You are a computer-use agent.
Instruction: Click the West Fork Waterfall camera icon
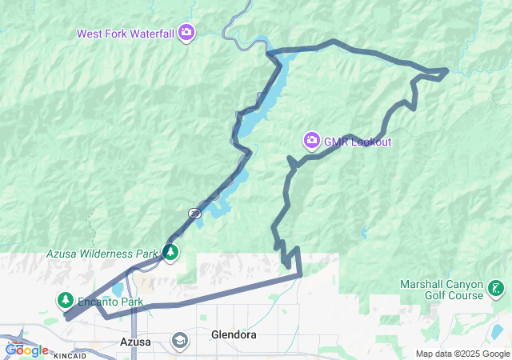click(x=186, y=32)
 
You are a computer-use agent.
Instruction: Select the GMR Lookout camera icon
click(x=311, y=142)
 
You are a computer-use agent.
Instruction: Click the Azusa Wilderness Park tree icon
click(x=170, y=253)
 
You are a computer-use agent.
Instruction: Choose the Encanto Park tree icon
click(x=64, y=300)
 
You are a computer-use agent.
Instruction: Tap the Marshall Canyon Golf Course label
click(x=442, y=290)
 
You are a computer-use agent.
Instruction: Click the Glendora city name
click(x=234, y=334)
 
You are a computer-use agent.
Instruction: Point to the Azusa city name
click(x=134, y=342)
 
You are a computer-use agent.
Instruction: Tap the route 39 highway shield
click(x=194, y=214)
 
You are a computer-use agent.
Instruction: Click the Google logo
click(x=26, y=350)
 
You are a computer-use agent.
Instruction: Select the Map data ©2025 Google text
click(x=462, y=354)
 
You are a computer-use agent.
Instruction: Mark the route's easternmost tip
click(x=447, y=71)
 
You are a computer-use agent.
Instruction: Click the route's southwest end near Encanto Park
click(x=66, y=318)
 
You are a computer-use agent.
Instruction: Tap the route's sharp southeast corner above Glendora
click(x=301, y=275)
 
